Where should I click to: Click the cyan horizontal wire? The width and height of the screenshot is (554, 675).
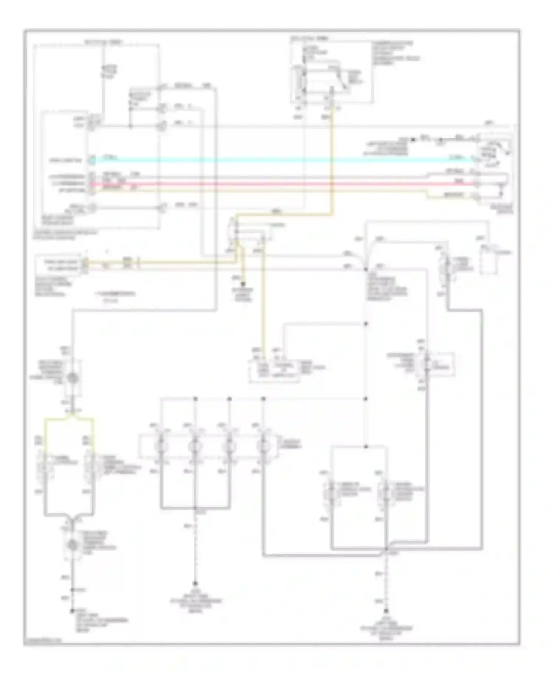(281, 160)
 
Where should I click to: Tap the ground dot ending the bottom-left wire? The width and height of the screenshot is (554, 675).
(72, 611)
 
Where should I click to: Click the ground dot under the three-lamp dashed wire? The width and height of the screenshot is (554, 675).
(195, 584)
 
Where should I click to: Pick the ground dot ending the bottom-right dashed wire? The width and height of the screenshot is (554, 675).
(386, 611)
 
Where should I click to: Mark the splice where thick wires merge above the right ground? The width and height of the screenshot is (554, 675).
(386, 549)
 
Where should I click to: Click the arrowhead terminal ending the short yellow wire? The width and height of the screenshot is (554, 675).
(243, 284)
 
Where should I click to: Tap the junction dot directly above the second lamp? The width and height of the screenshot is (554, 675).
(195, 399)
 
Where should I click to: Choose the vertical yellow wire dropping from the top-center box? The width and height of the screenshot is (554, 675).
(331, 162)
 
